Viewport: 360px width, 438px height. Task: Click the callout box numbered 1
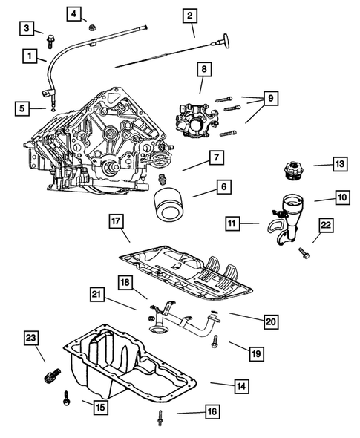coord(30,56)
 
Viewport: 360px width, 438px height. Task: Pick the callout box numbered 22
coord(326,225)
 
